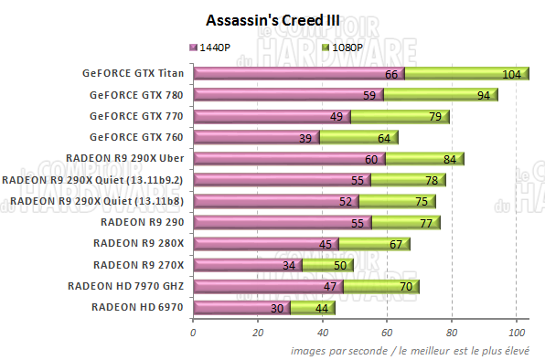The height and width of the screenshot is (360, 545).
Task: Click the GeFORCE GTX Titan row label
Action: tap(132, 74)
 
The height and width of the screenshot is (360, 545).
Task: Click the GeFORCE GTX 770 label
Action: tap(136, 116)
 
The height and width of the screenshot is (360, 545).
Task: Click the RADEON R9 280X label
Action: tap(138, 243)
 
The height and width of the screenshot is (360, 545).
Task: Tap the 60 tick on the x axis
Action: tap(387, 332)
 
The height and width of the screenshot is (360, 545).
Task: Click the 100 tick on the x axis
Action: tap(517, 332)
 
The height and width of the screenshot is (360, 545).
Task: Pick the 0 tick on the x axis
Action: tap(193, 332)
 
